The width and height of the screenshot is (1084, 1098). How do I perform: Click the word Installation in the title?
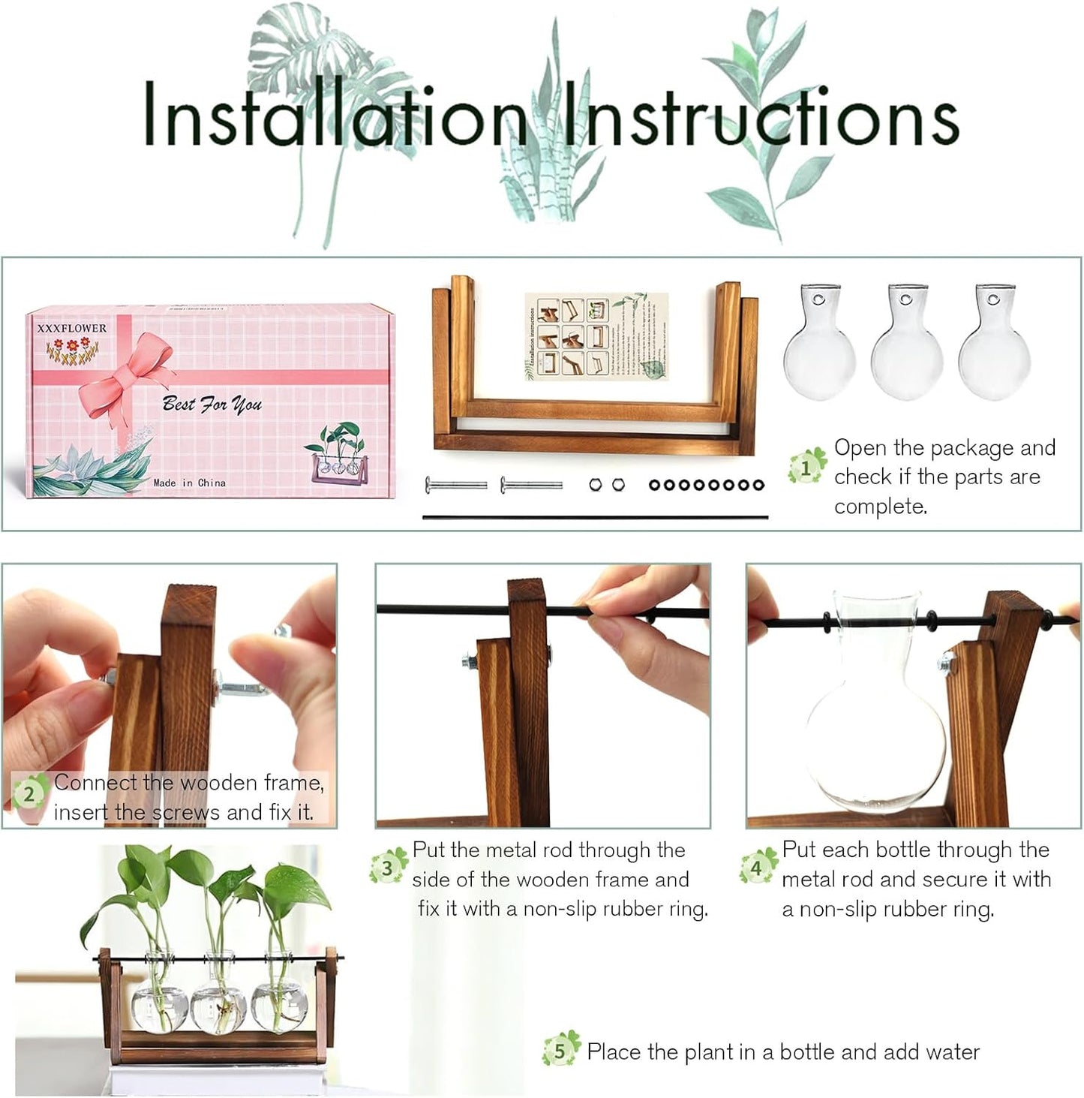(x=334, y=116)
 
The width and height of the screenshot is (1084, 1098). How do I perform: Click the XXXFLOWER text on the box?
(x=72, y=328)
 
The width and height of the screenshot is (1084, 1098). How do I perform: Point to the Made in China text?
(x=189, y=483)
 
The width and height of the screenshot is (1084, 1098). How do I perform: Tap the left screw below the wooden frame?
(x=456, y=485)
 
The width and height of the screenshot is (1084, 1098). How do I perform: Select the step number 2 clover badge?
(x=29, y=794)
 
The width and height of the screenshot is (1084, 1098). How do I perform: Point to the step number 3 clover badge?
(x=387, y=868)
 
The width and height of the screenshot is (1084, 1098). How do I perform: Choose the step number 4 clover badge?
(x=756, y=868)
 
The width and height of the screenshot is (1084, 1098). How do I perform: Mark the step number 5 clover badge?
(x=560, y=1051)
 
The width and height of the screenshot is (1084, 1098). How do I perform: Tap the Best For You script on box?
(x=212, y=405)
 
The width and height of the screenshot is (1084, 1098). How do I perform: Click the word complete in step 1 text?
(x=880, y=507)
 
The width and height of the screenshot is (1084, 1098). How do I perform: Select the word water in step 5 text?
(x=951, y=1051)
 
